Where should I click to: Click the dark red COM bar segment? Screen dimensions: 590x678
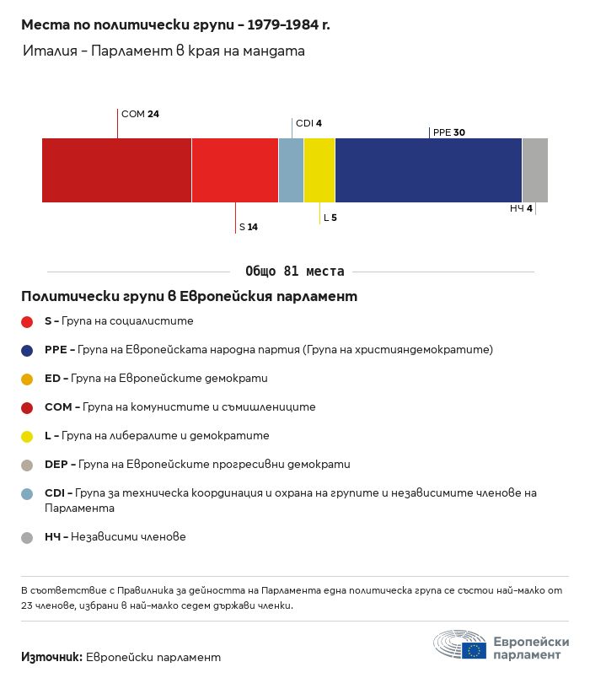click(x=116, y=170)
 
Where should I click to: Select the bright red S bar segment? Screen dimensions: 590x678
click(x=235, y=170)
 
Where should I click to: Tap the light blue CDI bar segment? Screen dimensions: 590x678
click(x=292, y=170)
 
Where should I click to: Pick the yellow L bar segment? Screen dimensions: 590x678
click(x=319, y=170)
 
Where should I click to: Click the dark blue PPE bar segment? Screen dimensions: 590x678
click(x=429, y=170)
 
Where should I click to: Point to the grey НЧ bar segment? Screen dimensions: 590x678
click(x=535, y=170)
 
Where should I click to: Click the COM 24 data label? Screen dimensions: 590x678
click(x=140, y=114)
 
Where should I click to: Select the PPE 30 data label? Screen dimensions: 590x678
click(x=449, y=132)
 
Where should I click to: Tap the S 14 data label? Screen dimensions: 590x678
click(x=249, y=227)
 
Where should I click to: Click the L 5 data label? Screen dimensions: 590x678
click(x=330, y=218)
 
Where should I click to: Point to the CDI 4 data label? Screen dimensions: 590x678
click(x=308, y=123)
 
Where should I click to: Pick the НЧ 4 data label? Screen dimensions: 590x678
click(x=521, y=208)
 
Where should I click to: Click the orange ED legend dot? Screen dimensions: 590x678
click(x=27, y=379)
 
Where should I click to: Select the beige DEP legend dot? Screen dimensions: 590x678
click(x=27, y=465)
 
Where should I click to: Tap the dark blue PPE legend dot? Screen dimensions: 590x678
click(x=27, y=351)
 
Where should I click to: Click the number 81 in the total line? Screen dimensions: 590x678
click(x=291, y=271)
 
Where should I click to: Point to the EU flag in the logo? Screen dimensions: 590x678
click(x=474, y=650)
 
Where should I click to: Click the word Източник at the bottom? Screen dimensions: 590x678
click(x=51, y=657)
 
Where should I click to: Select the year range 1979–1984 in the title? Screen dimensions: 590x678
click(x=282, y=24)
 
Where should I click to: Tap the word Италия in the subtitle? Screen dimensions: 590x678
click(x=50, y=51)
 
